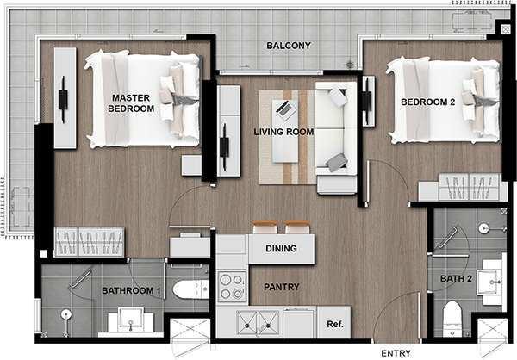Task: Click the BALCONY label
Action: click(289, 46)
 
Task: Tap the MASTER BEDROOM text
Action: click(131, 103)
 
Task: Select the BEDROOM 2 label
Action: click(427, 102)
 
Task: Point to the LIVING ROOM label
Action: click(283, 132)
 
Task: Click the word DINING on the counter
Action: click(281, 248)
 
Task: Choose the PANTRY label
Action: click(281, 287)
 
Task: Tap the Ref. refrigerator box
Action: click(334, 322)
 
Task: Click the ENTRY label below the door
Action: click(396, 353)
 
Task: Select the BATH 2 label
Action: click(456, 279)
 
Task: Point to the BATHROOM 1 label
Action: click(131, 291)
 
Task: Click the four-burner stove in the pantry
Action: click(232, 287)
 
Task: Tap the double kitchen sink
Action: click(258, 323)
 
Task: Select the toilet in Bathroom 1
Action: click(190, 289)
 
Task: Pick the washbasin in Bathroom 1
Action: click(131, 320)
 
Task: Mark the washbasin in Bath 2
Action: click(489, 282)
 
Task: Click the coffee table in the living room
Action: click(285, 131)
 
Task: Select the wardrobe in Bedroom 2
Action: click(468, 187)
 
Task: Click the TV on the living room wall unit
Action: click(225, 147)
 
